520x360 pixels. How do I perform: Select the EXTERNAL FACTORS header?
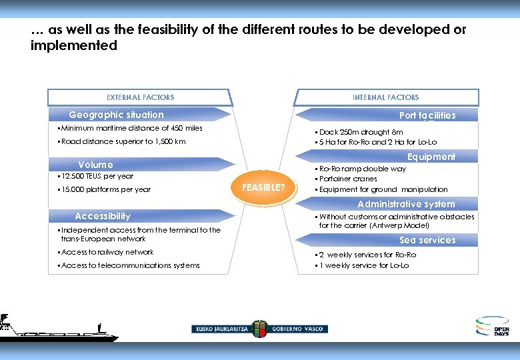point(140,97)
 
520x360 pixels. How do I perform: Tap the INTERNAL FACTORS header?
point(385,97)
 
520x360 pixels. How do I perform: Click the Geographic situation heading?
point(116,115)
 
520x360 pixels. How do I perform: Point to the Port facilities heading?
point(427,115)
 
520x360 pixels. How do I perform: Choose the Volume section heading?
point(95,165)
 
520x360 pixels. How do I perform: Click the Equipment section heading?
point(431,157)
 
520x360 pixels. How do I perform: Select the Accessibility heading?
point(103,216)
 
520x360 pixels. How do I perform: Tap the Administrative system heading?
point(406,204)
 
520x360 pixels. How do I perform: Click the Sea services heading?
point(427,240)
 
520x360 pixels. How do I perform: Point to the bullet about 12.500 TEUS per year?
point(97,176)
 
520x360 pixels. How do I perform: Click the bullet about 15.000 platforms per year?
point(105,189)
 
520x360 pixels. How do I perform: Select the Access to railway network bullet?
point(107,252)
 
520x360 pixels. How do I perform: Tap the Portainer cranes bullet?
point(348,179)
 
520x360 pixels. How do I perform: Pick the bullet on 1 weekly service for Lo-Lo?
point(364,265)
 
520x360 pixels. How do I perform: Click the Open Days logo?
point(492,326)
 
